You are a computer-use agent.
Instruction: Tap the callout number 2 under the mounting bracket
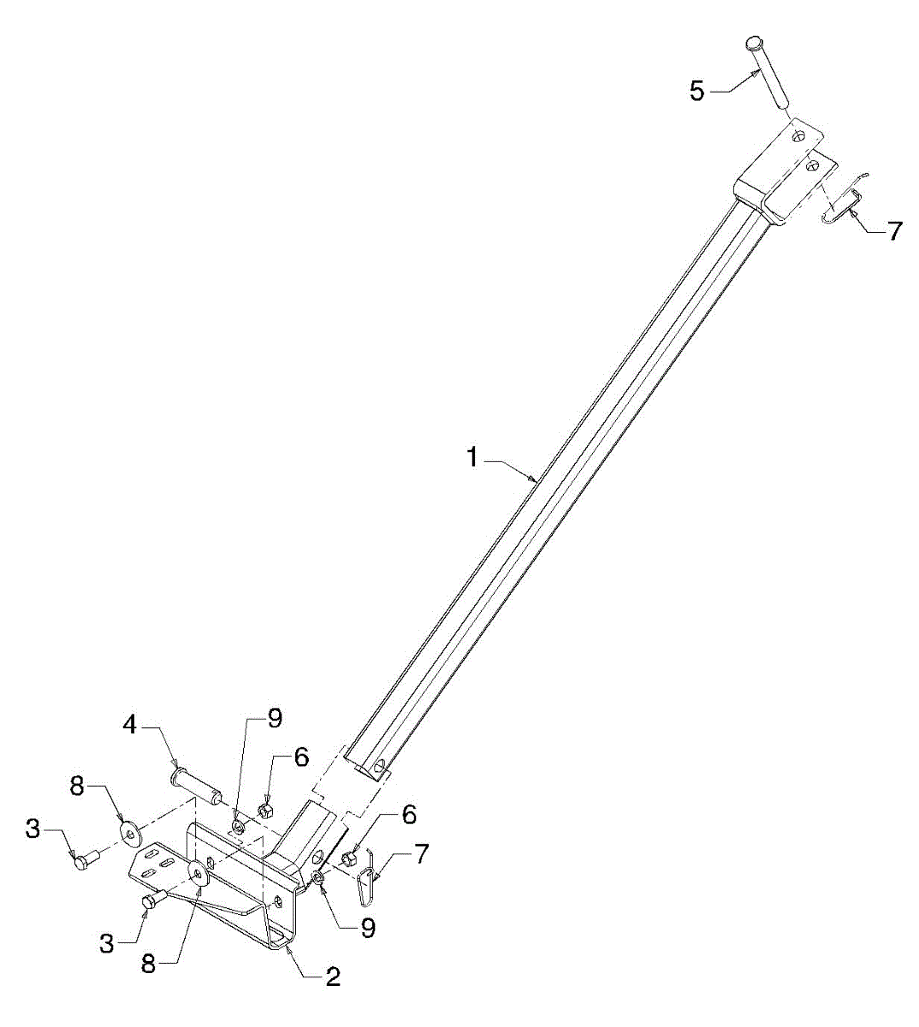[x=333, y=977]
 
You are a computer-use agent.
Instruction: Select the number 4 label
[x=130, y=726]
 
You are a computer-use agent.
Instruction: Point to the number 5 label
[x=697, y=91]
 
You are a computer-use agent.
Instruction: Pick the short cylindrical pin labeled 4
[x=196, y=781]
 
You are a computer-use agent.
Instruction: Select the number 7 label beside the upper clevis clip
[x=894, y=231]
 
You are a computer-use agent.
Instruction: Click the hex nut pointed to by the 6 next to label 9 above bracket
[x=265, y=809]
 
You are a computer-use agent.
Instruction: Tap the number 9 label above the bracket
[x=274, y=719]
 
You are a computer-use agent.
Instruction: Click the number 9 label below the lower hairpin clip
[x=368, y=929]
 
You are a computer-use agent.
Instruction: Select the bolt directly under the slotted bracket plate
[x=153, y=899]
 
